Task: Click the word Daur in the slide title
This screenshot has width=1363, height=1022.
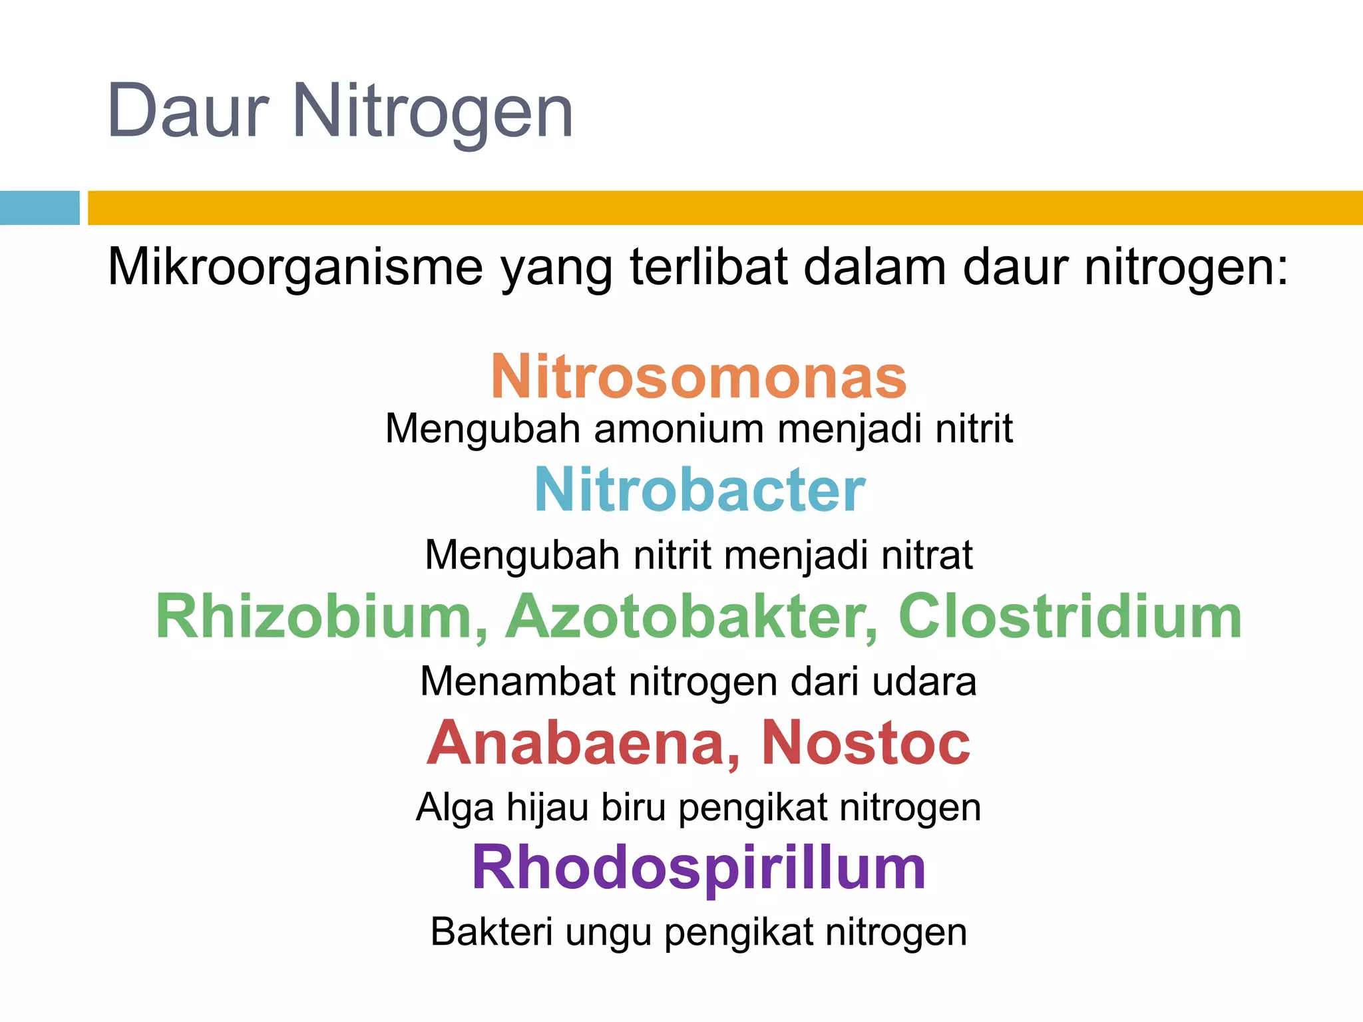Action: tap(188, 111)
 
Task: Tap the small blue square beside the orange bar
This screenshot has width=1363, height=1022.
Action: tap(39, 208)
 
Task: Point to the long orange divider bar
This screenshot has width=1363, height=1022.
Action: tap(724, 208)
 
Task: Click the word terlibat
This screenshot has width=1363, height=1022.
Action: tap(708, 267)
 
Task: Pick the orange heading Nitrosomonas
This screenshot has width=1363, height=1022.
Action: tap(699, 377)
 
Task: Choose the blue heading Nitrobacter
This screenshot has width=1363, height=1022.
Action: tap(699, 490)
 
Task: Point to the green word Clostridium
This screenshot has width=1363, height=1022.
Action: tap(1070, 617)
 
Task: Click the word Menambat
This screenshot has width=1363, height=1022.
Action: tap(518, 682)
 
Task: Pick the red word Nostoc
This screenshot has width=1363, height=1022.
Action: tap(865, 743)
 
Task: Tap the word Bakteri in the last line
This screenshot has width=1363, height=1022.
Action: tap(491, 932)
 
